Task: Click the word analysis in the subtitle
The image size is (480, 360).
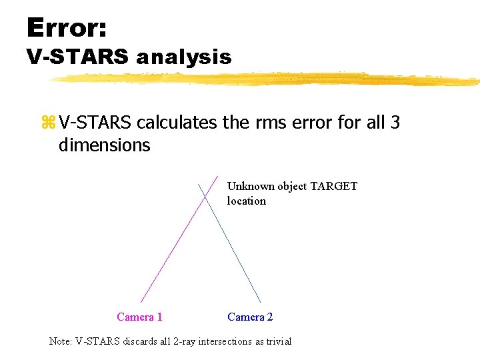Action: tap(183, 57)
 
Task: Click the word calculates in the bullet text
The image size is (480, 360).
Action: tap(177, 123)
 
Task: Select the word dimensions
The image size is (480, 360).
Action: tap(104, 145)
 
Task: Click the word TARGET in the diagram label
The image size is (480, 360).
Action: tap(333, 186)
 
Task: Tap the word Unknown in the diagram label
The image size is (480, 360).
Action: tap(251, 186)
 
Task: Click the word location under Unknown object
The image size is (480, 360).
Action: tap(246, 201)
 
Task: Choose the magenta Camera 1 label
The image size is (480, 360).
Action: tap(139, 317)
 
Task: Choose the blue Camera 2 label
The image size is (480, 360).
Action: tap(250, 317)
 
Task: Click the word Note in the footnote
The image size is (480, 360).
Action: tap(60, 341)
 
